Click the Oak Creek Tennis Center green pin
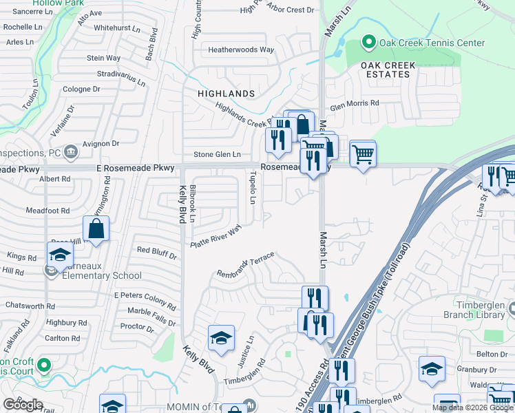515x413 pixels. [368, 43]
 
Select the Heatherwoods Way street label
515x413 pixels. [242, 50]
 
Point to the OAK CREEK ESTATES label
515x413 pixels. [388, 70]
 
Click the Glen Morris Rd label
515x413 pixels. [355, 103]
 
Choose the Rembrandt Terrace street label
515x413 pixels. [246, 265]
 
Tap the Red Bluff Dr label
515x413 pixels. [157, 252]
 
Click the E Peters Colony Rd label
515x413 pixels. [145, 299]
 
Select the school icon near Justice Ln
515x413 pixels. [221, 338]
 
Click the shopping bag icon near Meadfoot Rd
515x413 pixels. [96, 229]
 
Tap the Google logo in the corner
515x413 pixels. [23, 405]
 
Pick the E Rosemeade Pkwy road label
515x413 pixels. [138, 168]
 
